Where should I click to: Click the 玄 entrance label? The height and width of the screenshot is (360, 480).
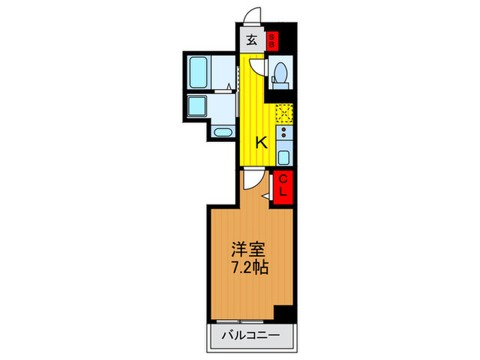252,40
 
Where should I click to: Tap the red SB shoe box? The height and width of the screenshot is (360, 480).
272,40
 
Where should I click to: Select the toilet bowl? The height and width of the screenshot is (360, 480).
280,73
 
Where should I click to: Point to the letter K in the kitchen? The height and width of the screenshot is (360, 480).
261,143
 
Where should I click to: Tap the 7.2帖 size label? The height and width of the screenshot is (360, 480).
251,267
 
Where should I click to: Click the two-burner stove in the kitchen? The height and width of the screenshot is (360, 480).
284,131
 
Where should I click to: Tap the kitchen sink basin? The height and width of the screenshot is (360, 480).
284,155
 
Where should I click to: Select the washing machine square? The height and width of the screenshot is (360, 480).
198,107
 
